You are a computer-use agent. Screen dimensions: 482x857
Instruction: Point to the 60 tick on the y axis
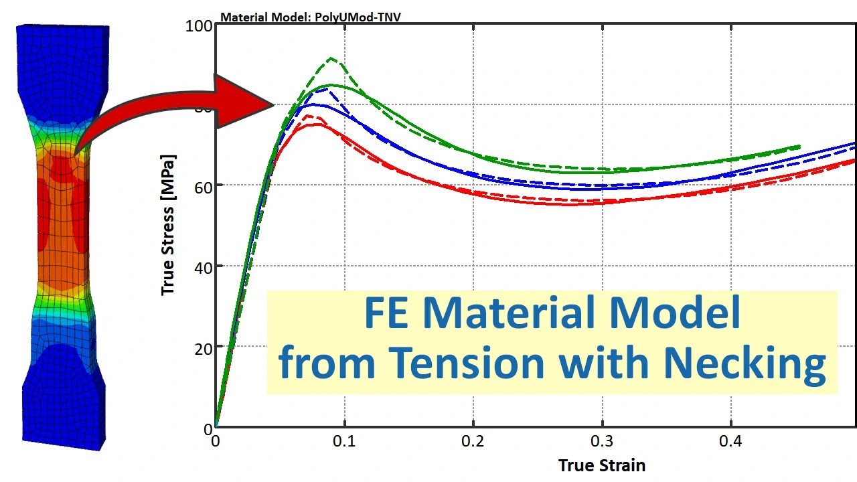(x=204, y=185)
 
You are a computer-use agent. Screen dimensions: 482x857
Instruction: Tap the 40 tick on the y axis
(x=204, y=266)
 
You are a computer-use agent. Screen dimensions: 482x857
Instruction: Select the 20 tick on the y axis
(x=204, y=347)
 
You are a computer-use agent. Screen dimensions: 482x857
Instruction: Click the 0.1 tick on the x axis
(x=344, y=443)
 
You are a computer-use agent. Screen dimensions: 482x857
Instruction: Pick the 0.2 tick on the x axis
(x=473, y=443)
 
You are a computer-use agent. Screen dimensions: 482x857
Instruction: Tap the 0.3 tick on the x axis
(x=603, y=443)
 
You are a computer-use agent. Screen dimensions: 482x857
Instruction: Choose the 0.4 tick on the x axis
(x=731, y=443)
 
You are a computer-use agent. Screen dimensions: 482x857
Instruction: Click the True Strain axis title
(x=602, y=465)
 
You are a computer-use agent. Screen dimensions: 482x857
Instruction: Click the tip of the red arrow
(x=274, y=104)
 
